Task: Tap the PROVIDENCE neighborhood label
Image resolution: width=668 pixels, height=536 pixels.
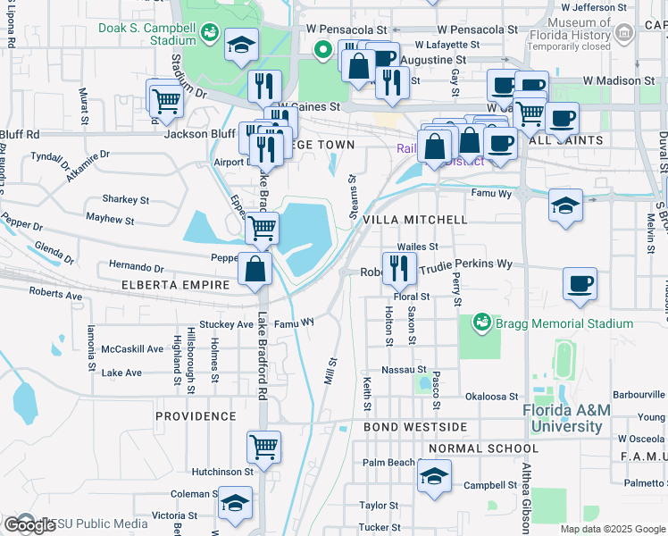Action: (196, 416)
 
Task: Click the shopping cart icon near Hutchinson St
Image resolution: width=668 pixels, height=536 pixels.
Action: (264, 445)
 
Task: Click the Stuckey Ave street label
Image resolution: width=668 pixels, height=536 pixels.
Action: (227, 324)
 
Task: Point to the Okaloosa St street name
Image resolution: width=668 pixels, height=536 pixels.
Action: (491, 396)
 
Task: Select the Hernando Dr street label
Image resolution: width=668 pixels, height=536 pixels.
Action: (136, 267)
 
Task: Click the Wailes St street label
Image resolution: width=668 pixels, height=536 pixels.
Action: (418, 247)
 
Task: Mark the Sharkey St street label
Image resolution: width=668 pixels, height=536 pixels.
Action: (125, 200)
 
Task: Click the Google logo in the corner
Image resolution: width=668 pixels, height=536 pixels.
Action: (29, 525)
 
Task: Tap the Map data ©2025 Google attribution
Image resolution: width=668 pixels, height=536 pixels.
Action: (612, 529)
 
